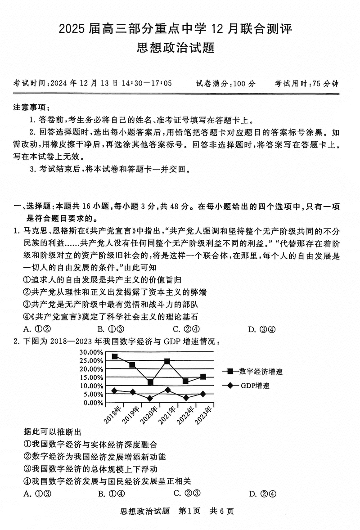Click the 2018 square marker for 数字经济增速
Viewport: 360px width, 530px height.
click(115, 356)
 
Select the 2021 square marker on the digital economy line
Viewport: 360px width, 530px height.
click(167, 361)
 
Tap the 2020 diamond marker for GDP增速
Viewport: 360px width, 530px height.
click(150, 398)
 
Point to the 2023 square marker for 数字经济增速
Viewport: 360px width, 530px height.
click(203, 377)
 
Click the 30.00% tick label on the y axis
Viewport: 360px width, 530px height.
click(91, 352)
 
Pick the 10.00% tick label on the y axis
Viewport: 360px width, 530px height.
click(91, 386)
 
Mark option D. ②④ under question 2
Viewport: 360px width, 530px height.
click(262, 494)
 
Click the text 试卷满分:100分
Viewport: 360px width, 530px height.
click(225, 84)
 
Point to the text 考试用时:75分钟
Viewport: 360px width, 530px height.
click(306, 84)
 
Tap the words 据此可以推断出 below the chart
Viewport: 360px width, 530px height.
click(52, 431)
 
